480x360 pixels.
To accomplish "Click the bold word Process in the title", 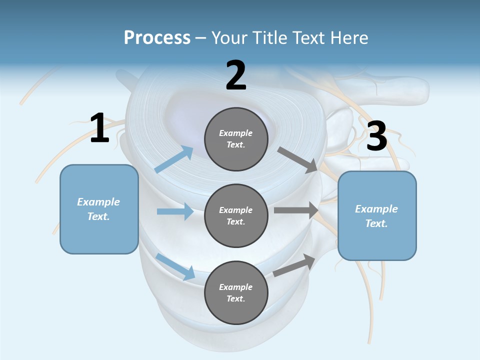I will (157, 37).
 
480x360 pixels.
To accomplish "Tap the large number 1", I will (99, 128).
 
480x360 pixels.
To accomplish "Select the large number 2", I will (236, 76).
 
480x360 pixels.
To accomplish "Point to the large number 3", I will (377, 136).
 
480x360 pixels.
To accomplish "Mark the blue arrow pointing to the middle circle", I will (175, 211).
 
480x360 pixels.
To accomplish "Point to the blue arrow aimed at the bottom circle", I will (175, 266).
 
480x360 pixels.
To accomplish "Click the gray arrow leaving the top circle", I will (297, 159).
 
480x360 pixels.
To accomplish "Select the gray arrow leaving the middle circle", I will (295, 210).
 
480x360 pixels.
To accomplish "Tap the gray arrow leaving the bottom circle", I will (294, 265).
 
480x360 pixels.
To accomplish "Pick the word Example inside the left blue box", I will (98, 202).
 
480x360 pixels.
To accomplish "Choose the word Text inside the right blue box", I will (376, 223).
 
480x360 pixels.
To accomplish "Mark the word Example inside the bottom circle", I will (236, 287).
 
